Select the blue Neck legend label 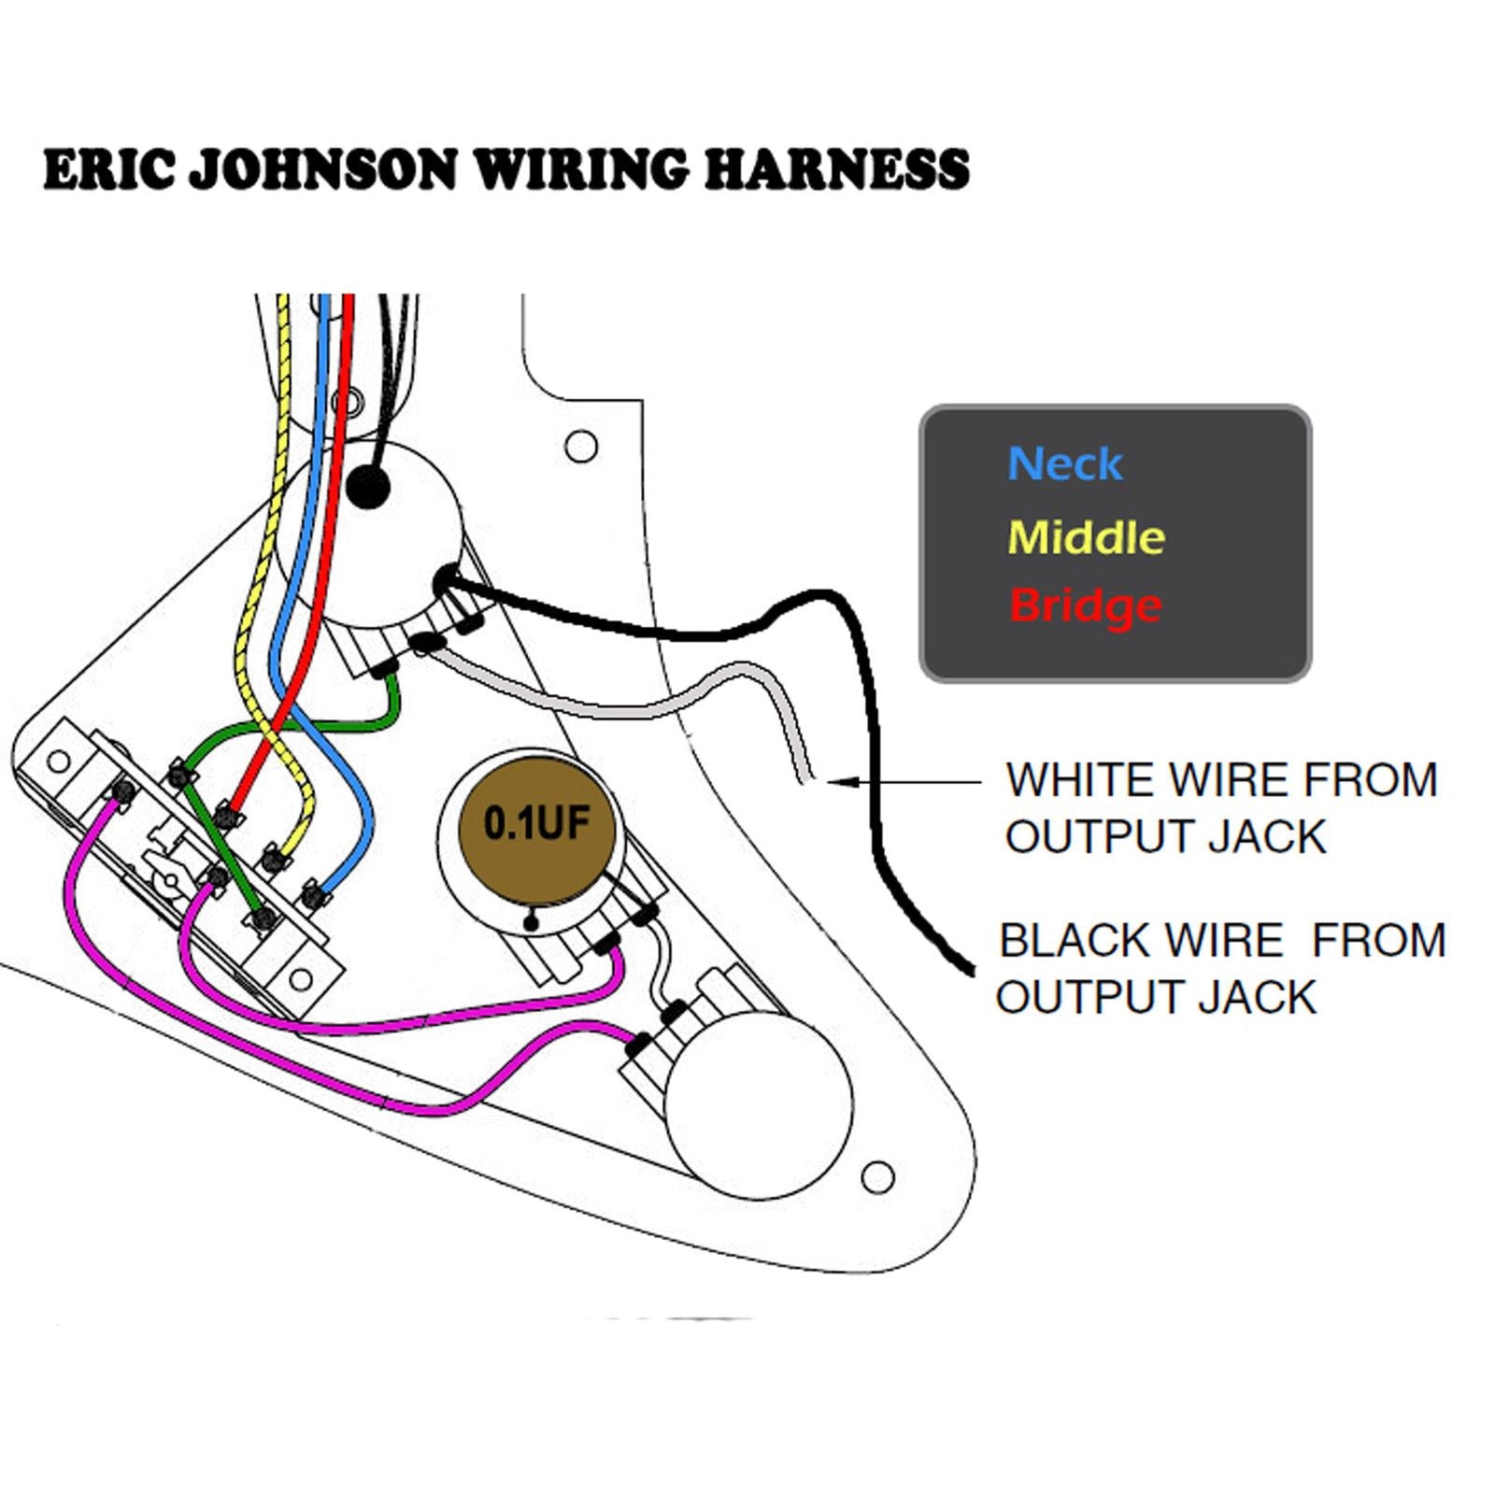(1064, 464)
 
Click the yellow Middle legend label (1087, 537)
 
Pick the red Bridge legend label (1086, 606)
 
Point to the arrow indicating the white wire (897, 781)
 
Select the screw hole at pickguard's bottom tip (877, 1176)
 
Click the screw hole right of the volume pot (582, 446)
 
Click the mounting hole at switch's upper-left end (58, 761)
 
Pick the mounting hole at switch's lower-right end (301, 979)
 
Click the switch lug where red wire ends (225, 818)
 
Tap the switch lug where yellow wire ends (272, 857)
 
